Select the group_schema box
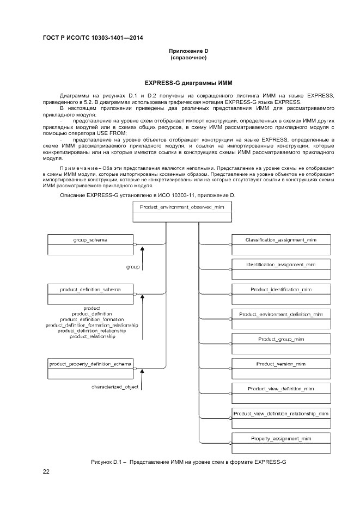[x=90, y=244]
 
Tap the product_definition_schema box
[x=90, y=294]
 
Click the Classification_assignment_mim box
[x=280, y=244]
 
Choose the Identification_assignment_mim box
[x=280, y=269]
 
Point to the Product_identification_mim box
[x=280, y=294]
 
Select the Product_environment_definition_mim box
[x=280, y=319]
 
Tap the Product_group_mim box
[x=280, y=344]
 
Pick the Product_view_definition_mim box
[x=280, y=394]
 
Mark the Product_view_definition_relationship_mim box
[x=280, y=419]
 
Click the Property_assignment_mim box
[x=280, y=443]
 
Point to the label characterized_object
[x=114, y=387]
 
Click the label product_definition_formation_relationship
[x=91, y=325]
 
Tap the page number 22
[x=46, y=471]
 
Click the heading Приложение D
[x=188, y=51]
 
